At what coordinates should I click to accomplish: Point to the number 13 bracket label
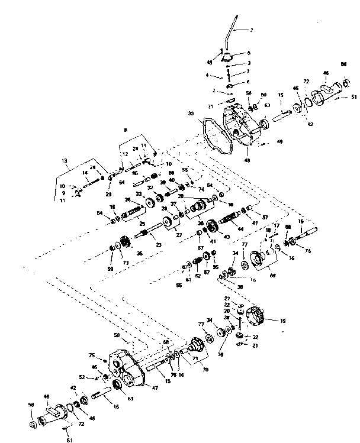[x=65, y=160]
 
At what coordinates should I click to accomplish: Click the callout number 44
[x=240, y=228]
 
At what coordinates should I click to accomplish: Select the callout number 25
[x=143, y=224]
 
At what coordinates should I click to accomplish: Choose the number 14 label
[x=85, y=173]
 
